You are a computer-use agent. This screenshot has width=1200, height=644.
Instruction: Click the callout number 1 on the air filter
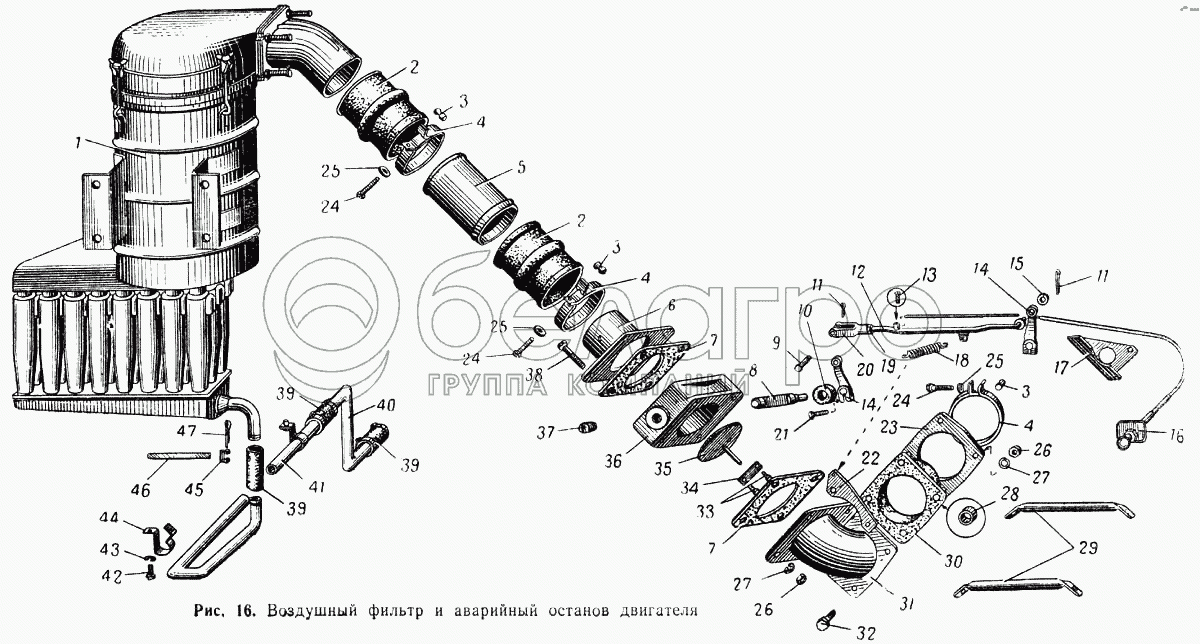78,143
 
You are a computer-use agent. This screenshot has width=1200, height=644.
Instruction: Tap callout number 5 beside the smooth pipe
520,167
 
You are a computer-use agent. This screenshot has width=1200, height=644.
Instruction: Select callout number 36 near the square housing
613,461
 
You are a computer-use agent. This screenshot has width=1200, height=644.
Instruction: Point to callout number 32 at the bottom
865,634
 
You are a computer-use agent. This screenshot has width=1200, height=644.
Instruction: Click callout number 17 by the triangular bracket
1061,368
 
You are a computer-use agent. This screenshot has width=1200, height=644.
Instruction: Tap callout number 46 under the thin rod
140,489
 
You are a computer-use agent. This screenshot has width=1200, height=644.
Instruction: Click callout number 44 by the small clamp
109,518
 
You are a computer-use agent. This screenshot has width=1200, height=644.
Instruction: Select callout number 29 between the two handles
1088,548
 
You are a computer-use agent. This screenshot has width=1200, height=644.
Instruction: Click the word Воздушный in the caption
312,611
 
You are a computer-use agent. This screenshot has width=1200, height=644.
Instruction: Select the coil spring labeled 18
922,351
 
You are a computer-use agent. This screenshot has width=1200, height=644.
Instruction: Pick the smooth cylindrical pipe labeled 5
470,198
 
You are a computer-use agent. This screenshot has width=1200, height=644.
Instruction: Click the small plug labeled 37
588,428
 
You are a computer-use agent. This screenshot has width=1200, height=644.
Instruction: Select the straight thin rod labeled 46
179,456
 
